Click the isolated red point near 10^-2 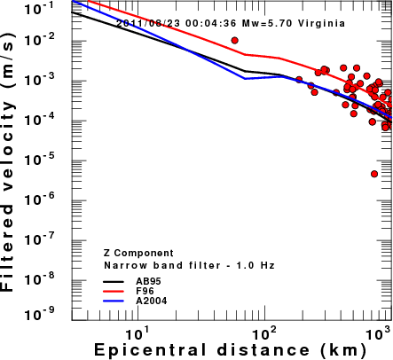coord(235,41)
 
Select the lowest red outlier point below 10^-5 coord(374,174)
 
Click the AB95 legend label coord(148,281)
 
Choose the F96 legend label coord(145,291)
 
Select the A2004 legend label coord(152,301)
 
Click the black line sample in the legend coord(114,282)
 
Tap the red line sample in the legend coord(114,292)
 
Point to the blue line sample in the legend coord(114,301)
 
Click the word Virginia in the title coord(321,23)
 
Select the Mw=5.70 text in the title coord(268,23)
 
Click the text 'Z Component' coord(138,254)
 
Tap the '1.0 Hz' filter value coord(255,265)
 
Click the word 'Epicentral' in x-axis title coord(150,350)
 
